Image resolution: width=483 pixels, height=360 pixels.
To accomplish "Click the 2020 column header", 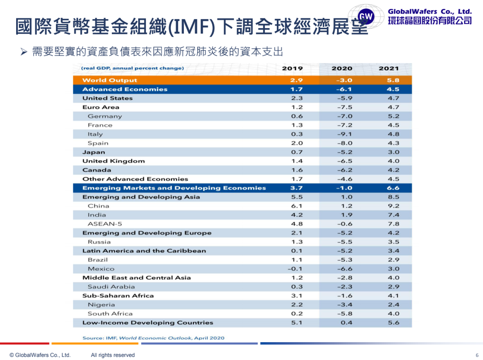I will pos(342,68).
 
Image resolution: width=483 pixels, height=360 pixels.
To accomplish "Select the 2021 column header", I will pos(389,68).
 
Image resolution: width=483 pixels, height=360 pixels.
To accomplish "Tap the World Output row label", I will pos(110,80).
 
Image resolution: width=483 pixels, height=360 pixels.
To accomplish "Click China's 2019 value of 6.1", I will pos(297,206).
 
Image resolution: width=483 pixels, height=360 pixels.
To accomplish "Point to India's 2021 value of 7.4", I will pos(394,215).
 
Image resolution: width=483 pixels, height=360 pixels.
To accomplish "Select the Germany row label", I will pos(105,116).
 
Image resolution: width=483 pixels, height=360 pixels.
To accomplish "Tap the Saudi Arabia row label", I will pos(111,287).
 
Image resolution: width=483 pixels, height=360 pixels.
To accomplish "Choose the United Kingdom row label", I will pos(114,161).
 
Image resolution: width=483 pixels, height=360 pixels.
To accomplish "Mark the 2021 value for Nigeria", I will pos(394,305).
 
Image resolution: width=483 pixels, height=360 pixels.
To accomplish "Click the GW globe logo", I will pos(366,17).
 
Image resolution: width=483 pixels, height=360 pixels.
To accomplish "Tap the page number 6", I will pos(477,355).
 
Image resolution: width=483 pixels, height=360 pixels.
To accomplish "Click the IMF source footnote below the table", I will pos(153,338).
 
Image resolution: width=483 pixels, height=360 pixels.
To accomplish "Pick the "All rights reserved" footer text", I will pos(113,355).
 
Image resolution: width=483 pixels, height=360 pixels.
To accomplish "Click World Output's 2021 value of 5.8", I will pos(394,80).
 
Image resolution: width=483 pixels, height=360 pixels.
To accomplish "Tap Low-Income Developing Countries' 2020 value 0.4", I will pos(346,322).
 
